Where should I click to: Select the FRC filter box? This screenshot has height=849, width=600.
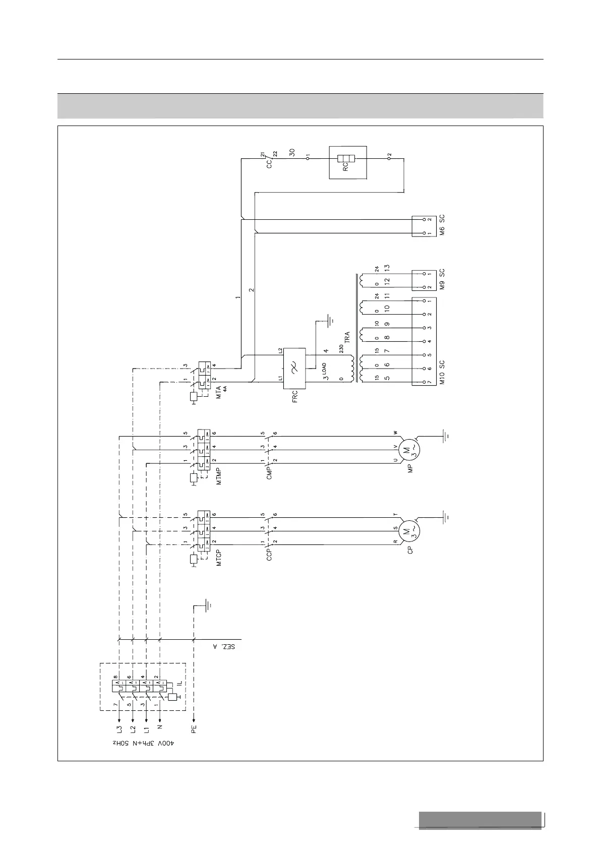click(x=294, y=368)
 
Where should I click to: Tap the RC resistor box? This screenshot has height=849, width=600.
click(x=347, y=162)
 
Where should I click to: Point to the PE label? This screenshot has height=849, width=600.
click(x=194, y=728)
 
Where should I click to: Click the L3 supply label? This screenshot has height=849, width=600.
click(x=119, y=729)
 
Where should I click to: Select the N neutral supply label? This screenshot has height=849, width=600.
click(x=159, y=727)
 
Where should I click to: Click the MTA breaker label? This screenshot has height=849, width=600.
click(x=219, y=393)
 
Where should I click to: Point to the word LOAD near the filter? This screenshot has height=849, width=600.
click(x=324, y=369)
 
